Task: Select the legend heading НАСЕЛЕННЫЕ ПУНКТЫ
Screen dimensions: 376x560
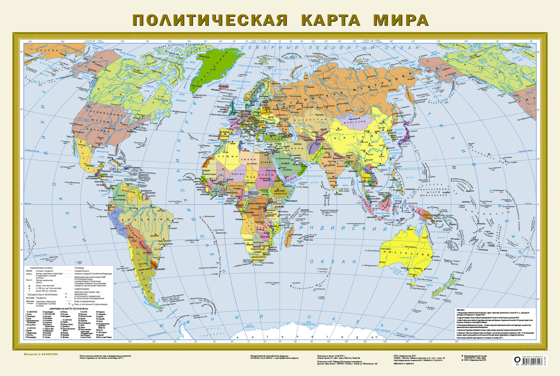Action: (39, 268)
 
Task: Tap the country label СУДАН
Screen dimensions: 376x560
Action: (269, 174)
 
